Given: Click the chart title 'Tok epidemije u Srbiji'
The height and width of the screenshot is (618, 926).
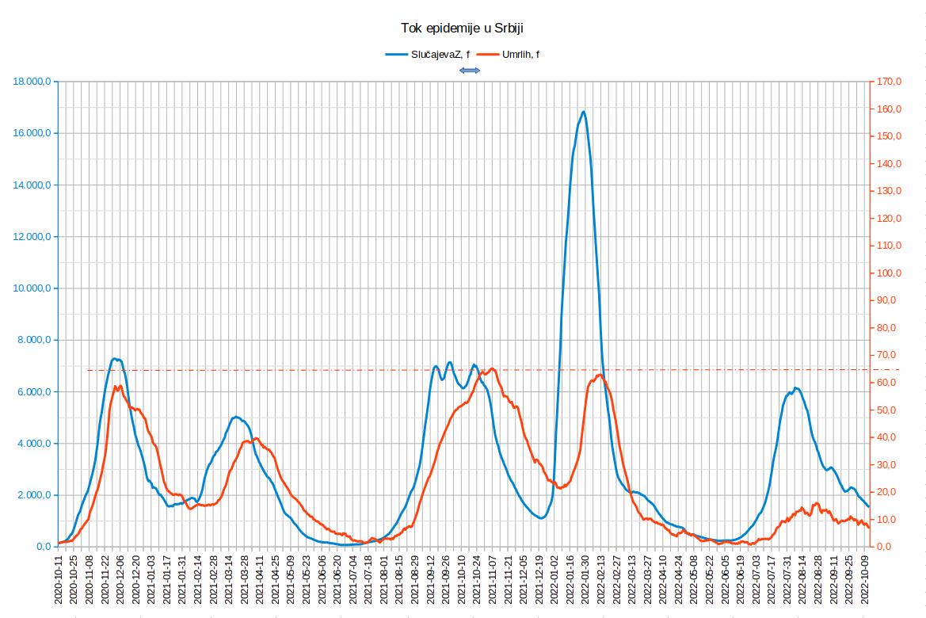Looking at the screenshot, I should coord(463,29).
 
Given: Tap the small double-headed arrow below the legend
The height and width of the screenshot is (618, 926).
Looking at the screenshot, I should coord(470,71).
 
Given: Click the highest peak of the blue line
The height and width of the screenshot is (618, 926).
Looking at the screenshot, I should coord(583,112).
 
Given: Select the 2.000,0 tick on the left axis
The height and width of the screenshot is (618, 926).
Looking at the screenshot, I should coord(36,495).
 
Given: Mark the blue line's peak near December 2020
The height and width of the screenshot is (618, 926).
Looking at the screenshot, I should coord(115,359).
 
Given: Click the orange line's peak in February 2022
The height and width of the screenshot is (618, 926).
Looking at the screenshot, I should coord(599,375).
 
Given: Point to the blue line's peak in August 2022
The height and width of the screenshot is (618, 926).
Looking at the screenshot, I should coord(796,388).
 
